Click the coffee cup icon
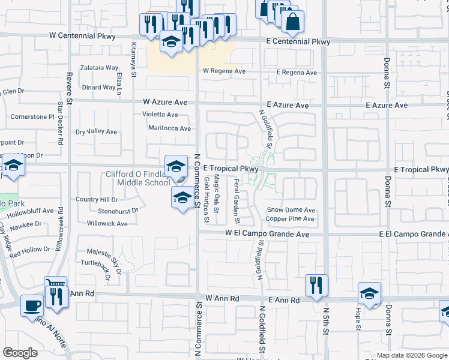pyautogui.click(x=32, y=305)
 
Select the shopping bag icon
pyautogui.click(x=293, y=22)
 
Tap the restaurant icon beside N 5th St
pyautogui.click(x=316, y=284)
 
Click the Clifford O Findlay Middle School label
pyautogui.click(x=137, y=179)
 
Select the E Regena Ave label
pyautogui.click(x=297, y=73)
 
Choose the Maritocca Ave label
pyautogui.click(x=170, y=128)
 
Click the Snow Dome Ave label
pyautogui.click(x=291, y=211)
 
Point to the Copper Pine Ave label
pyautogui.click(x=291, y=219)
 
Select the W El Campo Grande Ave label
pyautogui.click(x=267, y=234)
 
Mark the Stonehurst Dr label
pyautogui.click(x=118, y=211)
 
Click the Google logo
pyautogui.click(x=20, y=353)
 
